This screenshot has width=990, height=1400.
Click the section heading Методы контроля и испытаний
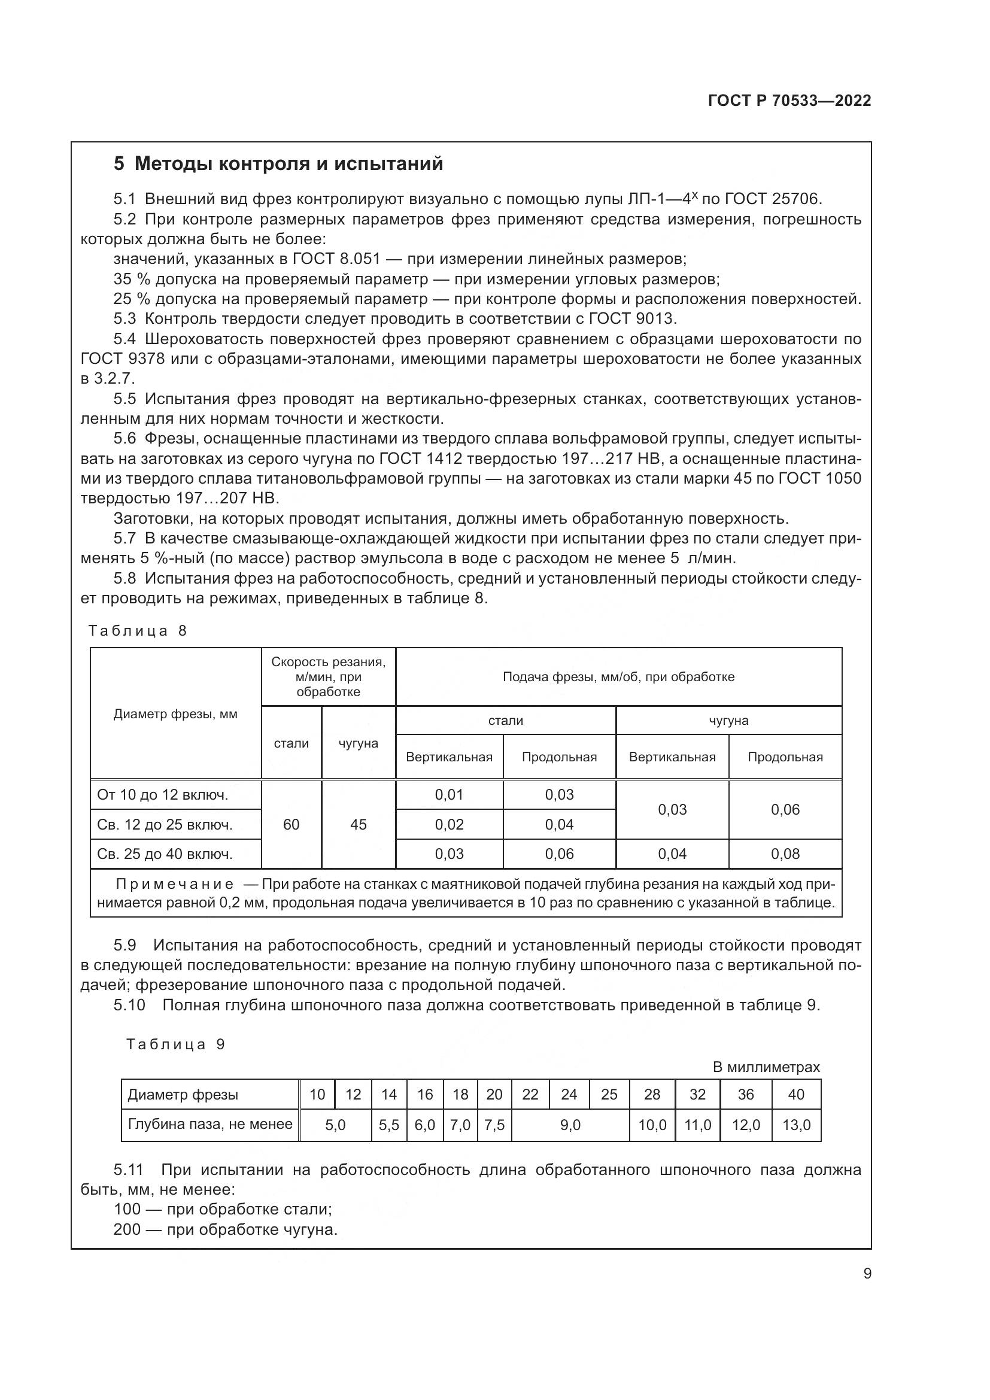[x=278, y=164]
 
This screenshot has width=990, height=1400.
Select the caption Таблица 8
[x=138, y=631]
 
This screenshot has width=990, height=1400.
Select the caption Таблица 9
[x=175, y=1044]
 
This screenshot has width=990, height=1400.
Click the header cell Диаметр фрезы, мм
[x=175, y=714]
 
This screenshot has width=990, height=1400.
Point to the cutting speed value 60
[x=291, y=824]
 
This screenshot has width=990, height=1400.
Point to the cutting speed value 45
[x=359, y=824]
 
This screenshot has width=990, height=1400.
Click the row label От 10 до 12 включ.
[x=163, y=795]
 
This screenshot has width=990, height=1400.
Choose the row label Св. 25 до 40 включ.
[x=165, y=854]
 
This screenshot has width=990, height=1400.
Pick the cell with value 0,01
[x=450, y=795]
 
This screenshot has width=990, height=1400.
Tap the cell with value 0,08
[x=785, y=854]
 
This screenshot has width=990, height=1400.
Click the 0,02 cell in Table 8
[x=450, y=824]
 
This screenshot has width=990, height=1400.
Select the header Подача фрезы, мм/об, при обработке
[x=618, y=677]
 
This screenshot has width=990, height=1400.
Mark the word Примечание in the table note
[x=174, y=885]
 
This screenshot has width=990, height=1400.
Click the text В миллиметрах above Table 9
[x=766, y=1067]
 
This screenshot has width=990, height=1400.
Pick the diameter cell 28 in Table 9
[x=652, y=1095]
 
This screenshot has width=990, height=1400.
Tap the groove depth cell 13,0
[x=796, y=1125]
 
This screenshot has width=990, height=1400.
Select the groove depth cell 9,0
[x=570, y=1125]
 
